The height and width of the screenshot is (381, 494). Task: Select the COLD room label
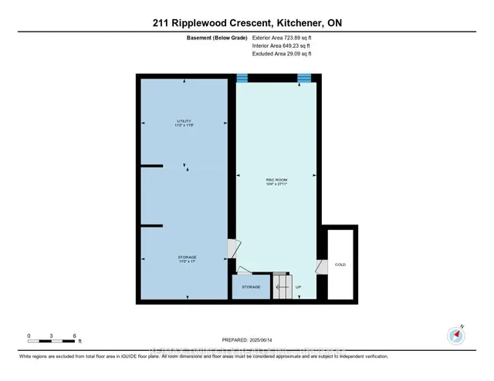tap(340, 265)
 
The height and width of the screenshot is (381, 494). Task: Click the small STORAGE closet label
tap(251, 286)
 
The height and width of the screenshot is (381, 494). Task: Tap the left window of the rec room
tap(243, 77)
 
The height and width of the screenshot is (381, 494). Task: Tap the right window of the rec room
tap(304, 77)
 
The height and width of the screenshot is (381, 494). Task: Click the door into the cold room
tap(320, 267)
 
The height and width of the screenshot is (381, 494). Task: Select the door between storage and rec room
tap(231, 248)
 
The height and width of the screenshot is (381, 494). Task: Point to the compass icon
tap(455, 334)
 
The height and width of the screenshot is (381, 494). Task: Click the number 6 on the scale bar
tap(74, 336)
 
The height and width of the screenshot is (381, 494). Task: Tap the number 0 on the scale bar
tap(29, 336)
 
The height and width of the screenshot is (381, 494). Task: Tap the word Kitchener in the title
tap(289, 23)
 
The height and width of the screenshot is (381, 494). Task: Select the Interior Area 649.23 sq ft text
tap(283, 46)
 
